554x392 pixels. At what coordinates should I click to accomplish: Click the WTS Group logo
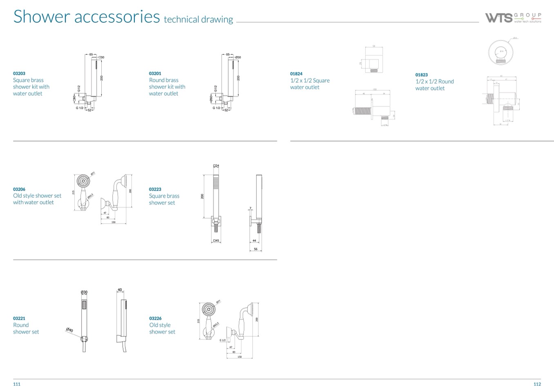pyautogui.click(x=513, y=18)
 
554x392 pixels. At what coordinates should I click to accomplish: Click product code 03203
pyautogui.click(x=19, y=74)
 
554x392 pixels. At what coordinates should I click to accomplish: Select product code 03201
pyautogui.click(x=155, y=74)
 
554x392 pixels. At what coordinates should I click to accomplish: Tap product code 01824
pyautogui.click(x=296, y=74)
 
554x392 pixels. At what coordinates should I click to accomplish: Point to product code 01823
pyautogui.click(x=422, y=75)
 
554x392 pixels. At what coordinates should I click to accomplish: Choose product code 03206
pyautogui.click(x=19, y=189)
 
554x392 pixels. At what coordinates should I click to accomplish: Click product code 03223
pyautogui.click(x=155, y=189)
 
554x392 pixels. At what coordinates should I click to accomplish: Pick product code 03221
pyautogui.click(x=19, y=318)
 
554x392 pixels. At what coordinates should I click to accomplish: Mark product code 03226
pyautogui.click(x=155, y=318)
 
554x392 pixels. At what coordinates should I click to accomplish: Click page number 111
pyautogui.click(x=17, y=384)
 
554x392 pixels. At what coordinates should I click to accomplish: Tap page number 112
pyautogui.click(x=537, y=384)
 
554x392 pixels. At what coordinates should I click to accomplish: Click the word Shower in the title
pyautogui.click(x=36, y=16)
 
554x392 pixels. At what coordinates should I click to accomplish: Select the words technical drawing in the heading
pyautogui.click(x=198, y=19)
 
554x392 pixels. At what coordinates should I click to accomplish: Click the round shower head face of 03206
pyautogui.click(x=83, y=180)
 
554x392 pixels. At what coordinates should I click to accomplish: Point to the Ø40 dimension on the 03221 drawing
pyautogui.click(x=69, y=330)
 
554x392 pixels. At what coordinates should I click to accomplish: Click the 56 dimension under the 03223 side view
pyautogui.click(x=256, y=249)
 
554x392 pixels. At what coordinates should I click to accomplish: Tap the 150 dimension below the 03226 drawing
pyautogui.click(x=239, y=357)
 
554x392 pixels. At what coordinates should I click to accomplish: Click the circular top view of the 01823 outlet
pyautogui.click(x=500, y=52)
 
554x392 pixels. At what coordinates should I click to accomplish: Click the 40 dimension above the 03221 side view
pyautogui.click(x=120, y=290)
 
